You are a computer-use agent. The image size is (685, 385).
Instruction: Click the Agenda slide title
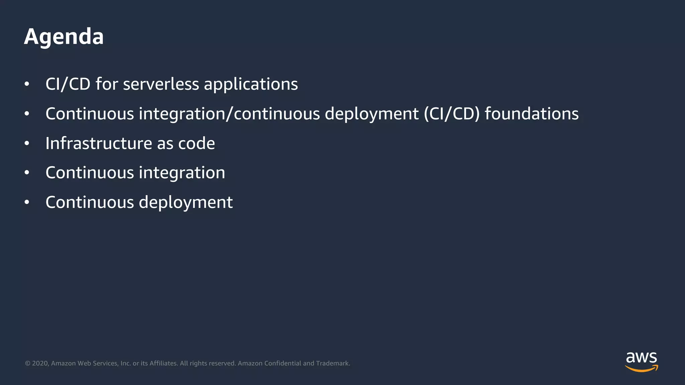coord(64,36)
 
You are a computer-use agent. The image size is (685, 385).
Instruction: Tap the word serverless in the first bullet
coord(161,84)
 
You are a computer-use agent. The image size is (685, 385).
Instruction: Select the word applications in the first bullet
coord(251,85)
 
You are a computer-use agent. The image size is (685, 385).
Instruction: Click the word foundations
coord(531,114)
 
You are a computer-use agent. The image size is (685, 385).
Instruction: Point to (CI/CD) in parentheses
coord(452,114)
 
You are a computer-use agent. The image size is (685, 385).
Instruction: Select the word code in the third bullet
coord(196,143)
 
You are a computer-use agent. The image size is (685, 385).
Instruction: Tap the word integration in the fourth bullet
coord(182,173)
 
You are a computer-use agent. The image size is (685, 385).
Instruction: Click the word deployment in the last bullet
coord(186,203)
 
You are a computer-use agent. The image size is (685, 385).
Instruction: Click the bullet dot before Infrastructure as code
coord(27,144)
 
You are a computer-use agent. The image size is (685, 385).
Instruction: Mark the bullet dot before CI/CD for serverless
coord(27,84)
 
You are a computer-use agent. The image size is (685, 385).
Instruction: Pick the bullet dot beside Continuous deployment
coord(27,203)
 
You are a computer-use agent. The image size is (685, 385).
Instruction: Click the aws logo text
coord(641,358)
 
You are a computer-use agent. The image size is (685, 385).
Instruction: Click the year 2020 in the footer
coord(40,363)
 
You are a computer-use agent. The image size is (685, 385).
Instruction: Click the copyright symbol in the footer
coord(28,363)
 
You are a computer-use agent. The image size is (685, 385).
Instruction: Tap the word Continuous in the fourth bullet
coord(90,173)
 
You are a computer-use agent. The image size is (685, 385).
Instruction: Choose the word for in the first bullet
coord(107,84)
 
